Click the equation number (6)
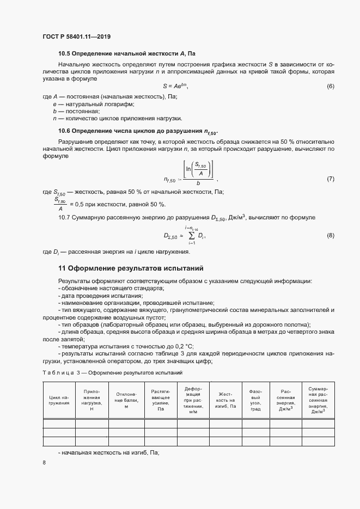click(x=330, y=87)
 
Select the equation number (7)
click(x=330, y=179)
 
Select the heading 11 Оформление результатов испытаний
click(x=130, y=268)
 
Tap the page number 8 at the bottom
click(x=44, y=463)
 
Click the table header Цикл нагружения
click(x=59, y=400)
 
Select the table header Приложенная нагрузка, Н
click(x=91, y=400)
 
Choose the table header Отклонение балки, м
click(x=125, y=400)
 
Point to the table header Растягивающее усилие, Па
click(x=161, y=400)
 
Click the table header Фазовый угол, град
click(x=255, y=400)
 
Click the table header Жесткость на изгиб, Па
click(x=225, y=400)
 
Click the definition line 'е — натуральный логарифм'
click(x=93, y=103)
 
